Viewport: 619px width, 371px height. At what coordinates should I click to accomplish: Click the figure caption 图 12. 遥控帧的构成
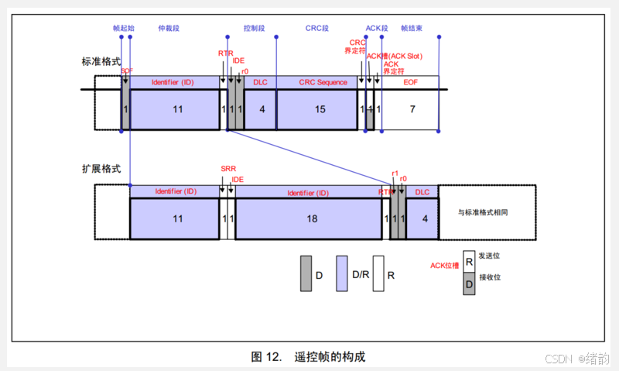(308, 357)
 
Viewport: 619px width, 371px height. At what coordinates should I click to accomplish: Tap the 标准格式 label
(101, 61)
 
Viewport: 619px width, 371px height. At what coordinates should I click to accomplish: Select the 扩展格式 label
(101, 169)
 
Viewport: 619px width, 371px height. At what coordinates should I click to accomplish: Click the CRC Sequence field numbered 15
(320, 109)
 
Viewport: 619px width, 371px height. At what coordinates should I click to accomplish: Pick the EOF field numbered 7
(412, 109)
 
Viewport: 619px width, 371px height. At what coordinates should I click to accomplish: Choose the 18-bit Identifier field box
(311, 219)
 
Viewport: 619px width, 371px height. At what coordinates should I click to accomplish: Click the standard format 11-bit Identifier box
(177, 109)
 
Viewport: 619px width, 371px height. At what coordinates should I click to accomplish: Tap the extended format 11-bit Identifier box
(177, 219)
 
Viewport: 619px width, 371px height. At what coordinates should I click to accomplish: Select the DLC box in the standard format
(262, 109)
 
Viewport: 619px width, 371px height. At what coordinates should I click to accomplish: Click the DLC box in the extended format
(423, 219)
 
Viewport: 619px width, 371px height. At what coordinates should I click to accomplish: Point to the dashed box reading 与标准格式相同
(487, 211)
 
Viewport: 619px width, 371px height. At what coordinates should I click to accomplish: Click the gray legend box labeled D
(306, 274)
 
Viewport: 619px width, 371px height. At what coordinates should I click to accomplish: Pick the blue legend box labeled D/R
(341, 274)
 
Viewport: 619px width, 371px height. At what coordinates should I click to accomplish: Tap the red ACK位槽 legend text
(444, 266)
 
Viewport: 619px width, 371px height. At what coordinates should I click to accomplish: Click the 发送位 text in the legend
(490, 256)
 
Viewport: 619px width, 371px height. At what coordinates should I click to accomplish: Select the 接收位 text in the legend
(490, 277)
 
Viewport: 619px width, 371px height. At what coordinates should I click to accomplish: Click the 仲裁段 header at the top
(169, 28)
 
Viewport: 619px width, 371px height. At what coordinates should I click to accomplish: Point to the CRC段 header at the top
(317, 28)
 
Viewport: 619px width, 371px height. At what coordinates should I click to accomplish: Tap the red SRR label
(227, 169)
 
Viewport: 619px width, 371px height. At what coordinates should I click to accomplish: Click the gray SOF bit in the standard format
(125, 109)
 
